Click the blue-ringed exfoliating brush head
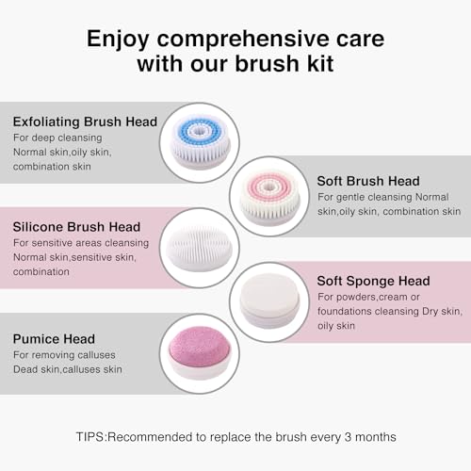(200, 142)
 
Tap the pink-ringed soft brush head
(269, 196)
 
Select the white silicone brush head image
(200, 248)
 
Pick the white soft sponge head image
(269, 300)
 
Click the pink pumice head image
(200, 352)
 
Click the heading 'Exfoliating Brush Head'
(85, 122)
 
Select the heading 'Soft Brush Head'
(368, 181)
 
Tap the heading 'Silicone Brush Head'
(76, 227)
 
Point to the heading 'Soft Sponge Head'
(373, 281)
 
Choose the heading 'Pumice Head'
(54, 339)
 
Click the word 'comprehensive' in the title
(244, 40)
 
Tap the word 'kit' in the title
(320, 64)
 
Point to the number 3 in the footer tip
(348, 437)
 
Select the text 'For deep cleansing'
(57, 138)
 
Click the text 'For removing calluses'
(64, 355)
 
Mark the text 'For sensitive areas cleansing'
(81, 243)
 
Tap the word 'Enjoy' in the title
(118, 41)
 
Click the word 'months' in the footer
(376, 437)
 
